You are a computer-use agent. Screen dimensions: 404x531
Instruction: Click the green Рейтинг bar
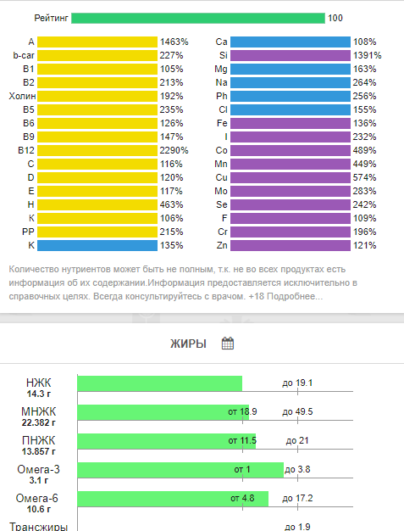pyautogui.click(x=198, y=19)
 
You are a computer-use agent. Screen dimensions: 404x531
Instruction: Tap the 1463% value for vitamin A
pyautogui.click(x=174, y=42)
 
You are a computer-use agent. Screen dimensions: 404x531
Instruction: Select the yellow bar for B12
pyautogui.click(x=97, y=150)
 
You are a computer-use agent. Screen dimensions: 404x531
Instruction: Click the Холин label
pyautogui.click(x=22, y=96)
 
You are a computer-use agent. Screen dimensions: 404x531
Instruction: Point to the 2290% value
pyautogui.click(x=174, y=150)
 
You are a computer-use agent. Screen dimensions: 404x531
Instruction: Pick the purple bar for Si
pyautogui.click(x=291, y=55)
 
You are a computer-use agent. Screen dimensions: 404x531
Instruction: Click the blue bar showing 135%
pyautogui.click(x=97, y=245)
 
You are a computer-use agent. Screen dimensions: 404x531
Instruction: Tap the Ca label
pyautogui.click(x=221, y=42)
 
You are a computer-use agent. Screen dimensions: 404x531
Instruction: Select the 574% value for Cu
pyautogui.click(x=364, y=177)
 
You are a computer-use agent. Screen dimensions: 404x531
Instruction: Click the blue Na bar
pyautogui.click(x=291, y=82)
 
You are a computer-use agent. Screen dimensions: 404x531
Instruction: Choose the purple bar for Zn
pyautogui.click(x=291, y=245)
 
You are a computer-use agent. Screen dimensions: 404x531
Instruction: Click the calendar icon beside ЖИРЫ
pyautogui.click(x=228, y=344)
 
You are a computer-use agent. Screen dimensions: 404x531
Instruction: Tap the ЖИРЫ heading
pyautogui.click(x=188, y=344)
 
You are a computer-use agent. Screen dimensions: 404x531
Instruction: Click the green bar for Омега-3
pyautogui.click(x=180, y=470)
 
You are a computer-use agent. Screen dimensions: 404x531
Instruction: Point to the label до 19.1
pyautogui.click(x=297, y=383)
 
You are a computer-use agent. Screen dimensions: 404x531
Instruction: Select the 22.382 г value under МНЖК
pyautogui.click(x=39, y=422)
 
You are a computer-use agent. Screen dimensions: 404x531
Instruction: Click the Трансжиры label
pyautogui.click(x=39, y=527)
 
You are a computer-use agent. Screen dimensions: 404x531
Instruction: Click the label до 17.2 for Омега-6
pyautogui.click(x=297, y=499)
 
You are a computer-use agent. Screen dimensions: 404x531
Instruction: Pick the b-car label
pyautogui.click(x=24, y=55)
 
